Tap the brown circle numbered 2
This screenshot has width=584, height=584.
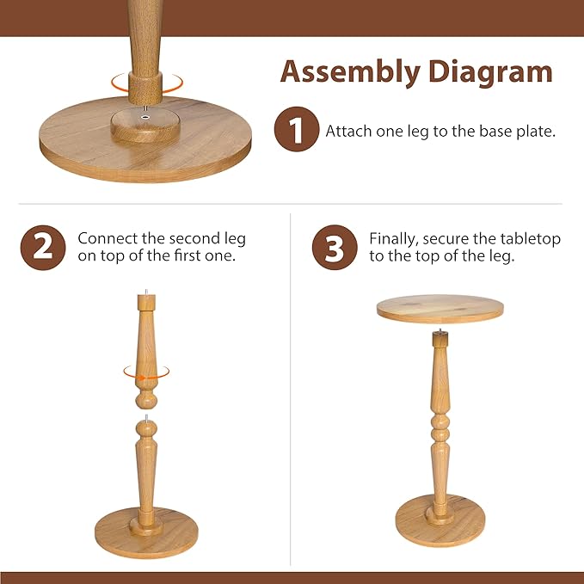point(43,248)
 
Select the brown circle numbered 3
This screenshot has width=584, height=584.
point(334,248)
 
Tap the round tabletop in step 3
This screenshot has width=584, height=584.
point(440,308)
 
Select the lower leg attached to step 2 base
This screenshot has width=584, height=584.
point(146,469)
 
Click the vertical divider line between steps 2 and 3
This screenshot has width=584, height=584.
point(291,387)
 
